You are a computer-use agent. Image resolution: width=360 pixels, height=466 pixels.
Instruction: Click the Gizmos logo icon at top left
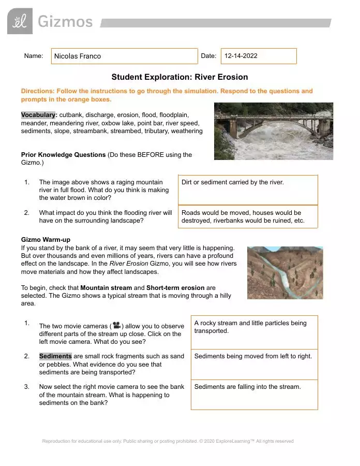20,21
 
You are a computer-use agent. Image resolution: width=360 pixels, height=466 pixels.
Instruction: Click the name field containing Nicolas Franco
124,56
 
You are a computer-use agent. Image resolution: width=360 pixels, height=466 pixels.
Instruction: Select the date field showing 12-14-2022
259,56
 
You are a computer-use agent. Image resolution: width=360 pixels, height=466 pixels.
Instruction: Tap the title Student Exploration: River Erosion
179,77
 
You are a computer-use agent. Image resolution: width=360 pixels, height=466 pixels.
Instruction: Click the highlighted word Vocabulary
38,115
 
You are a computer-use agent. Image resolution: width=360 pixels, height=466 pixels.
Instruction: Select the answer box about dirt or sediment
248,190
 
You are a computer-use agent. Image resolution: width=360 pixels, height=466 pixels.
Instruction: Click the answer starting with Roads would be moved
248,217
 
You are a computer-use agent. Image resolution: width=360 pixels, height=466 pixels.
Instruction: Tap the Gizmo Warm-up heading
46,240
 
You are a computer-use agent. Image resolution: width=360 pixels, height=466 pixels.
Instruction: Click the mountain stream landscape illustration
285,272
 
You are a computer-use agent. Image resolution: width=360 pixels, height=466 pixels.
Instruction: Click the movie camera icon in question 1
116,326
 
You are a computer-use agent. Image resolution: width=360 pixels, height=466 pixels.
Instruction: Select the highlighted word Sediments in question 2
55,356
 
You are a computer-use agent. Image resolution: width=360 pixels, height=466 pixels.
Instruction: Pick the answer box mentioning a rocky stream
254,332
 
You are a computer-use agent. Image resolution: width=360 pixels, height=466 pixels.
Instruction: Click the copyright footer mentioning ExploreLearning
168,441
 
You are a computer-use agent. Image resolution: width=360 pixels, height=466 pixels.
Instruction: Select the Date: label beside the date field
208,56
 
